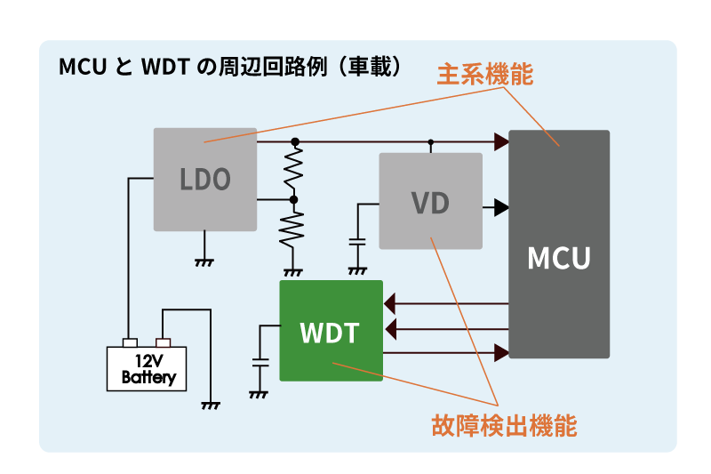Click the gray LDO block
(x=205, y=179)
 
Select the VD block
(x=430, y=201)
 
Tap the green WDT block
(x=331, y=331)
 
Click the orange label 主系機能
(x=484, y=76)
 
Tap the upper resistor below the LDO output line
(x=294, y=171)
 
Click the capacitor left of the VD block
(x=357, y=241)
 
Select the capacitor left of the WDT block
(x=260, y=363)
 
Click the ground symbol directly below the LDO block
(x=205, y=261)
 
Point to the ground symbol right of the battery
(x=212, y=405)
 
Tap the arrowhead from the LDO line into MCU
(x=501, y=141)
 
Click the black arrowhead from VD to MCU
(x=501, y=207)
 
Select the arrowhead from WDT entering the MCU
(x=501, y=353)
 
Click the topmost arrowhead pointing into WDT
(x=391, y=305)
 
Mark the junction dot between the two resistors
(x=294, y=200)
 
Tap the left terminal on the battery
(x=130, y=342)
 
